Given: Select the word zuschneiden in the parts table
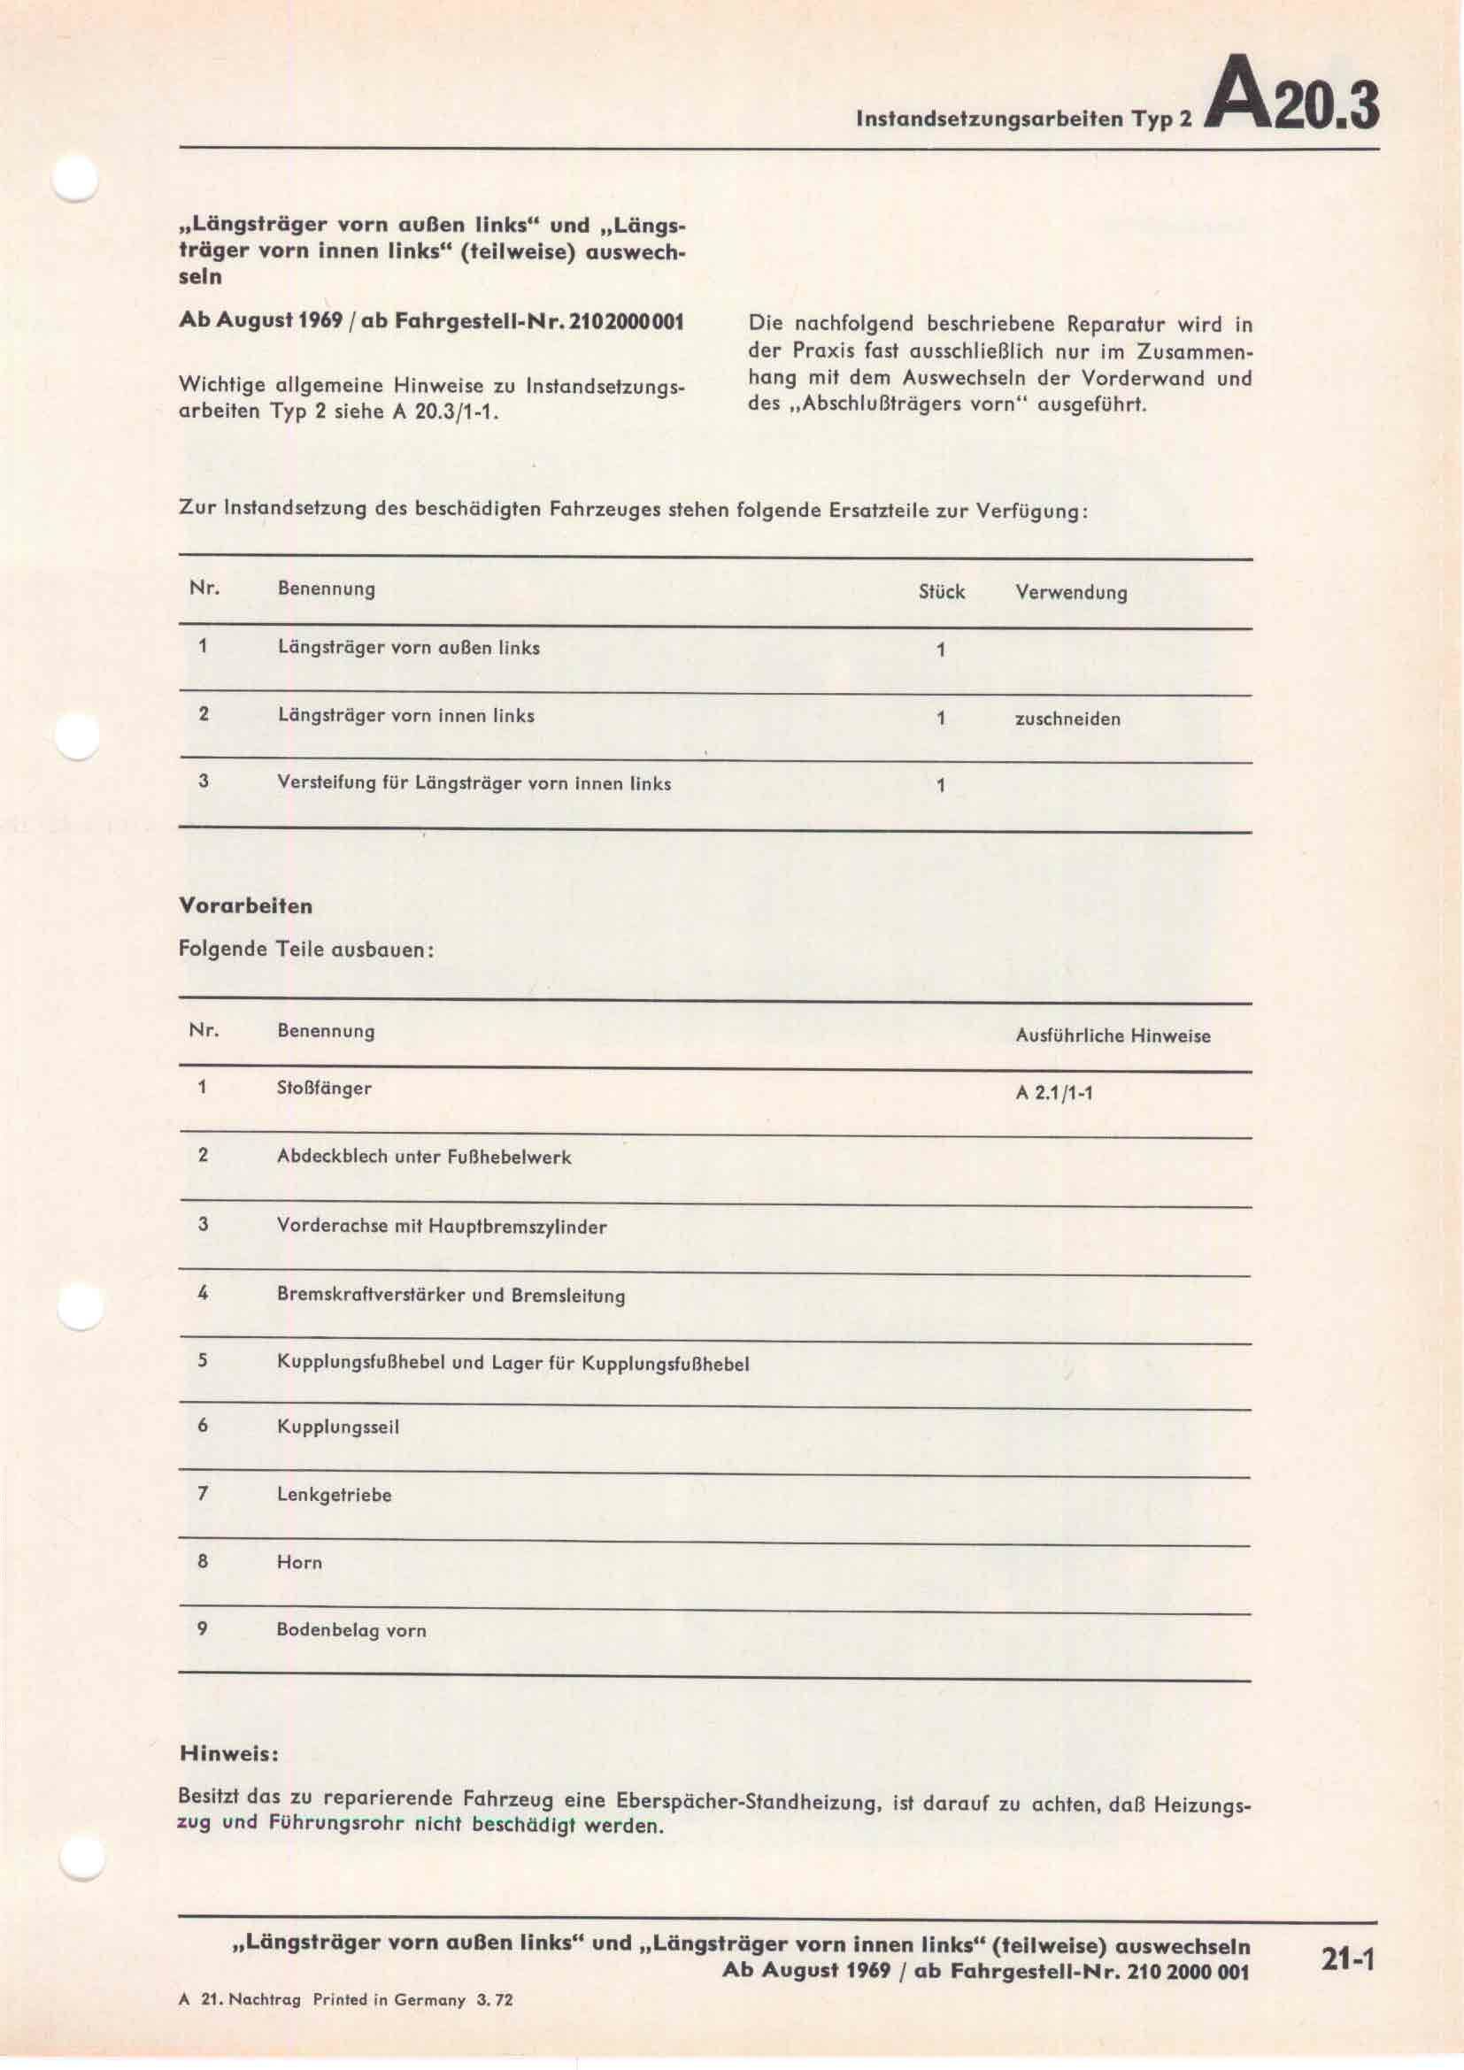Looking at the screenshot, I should (1067, 719).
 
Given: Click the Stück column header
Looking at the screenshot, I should (941, 591).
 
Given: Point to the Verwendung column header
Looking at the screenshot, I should (1071, 592).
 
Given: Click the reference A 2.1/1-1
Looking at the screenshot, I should (1054, 1093).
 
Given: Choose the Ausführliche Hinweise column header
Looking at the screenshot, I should (1113, 1036).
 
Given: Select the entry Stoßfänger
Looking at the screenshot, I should (324, 1089).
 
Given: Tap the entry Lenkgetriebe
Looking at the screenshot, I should (334, 1495).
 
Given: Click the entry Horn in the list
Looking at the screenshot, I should (298, 1562).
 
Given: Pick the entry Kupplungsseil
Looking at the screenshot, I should (337, 1427).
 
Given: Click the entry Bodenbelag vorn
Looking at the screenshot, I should (351, 1630).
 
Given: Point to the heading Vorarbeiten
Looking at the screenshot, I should (245, 906).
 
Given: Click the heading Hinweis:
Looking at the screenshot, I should (229, 1753).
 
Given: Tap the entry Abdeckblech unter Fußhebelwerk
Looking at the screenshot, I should (424, 1157).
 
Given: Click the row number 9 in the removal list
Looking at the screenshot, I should (202, 1629).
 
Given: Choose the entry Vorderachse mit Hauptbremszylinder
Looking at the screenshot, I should (441, 1226).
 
